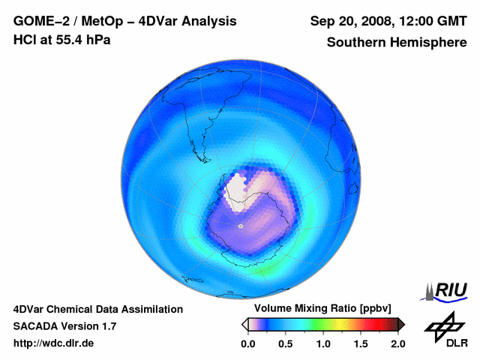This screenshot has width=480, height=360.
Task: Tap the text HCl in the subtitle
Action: pos(24,39)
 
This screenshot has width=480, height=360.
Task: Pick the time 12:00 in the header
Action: pos(414,21)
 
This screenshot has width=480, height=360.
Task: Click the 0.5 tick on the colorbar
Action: pos(285,343)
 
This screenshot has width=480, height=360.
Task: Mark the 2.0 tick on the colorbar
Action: pos(397,343)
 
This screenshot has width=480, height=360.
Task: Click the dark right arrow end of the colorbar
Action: pos(401,324)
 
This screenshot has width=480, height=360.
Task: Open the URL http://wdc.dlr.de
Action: pos(54,343)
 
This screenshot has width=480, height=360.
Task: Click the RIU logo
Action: pos(448,291)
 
